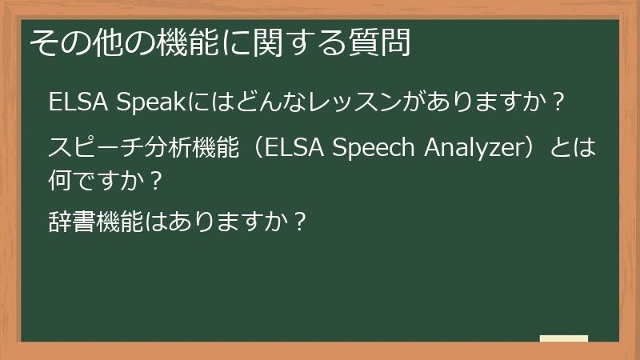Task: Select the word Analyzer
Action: (476, 149)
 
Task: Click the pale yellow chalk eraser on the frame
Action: (563, 338)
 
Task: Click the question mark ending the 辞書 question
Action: (299, 220)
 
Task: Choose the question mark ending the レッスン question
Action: (559, 104)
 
